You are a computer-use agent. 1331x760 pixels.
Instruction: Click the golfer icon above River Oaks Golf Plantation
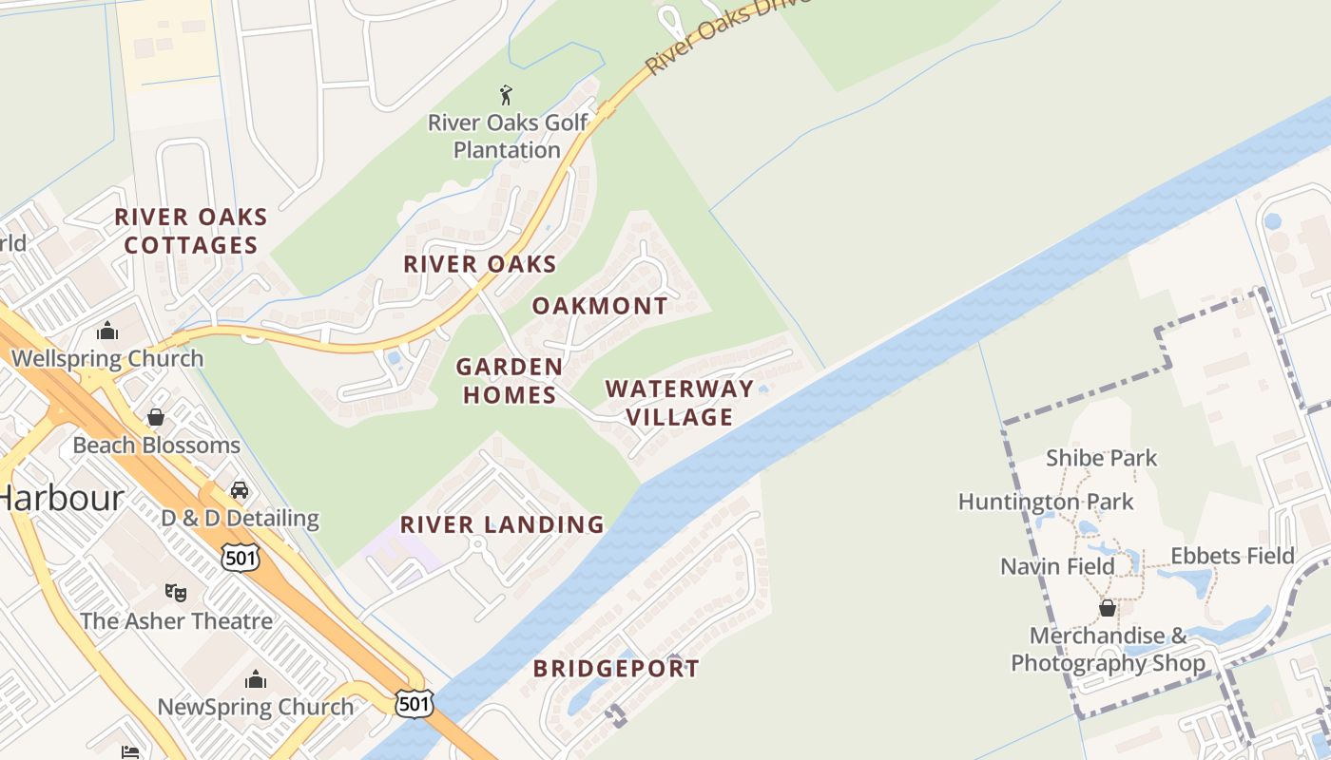click(x=506, y=95)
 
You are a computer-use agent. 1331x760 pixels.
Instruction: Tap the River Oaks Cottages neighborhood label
click(x=191, y=231)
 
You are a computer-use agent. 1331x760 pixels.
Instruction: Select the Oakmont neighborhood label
click(x=600, y=306)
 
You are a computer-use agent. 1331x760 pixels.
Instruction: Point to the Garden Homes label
click(x=510, y=380)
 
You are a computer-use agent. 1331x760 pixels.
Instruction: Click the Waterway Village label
click(x=680, y=403)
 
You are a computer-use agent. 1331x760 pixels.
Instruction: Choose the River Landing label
click(x=502, y=524)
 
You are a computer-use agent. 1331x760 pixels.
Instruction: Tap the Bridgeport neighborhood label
click(x=616, y=669)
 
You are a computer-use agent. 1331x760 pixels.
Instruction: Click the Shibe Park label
click(x=1102, y=458)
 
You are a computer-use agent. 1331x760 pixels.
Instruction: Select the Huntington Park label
click(x=1046, y=502)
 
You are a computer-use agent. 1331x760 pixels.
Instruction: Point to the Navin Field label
click(x=1057, y=567)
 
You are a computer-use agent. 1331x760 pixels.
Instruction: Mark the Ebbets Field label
click(x=1232, y=556)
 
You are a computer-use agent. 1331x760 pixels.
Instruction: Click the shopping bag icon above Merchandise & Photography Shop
click(x=1108, y=608)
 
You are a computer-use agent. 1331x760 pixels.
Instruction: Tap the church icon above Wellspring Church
click(x=107, y=331)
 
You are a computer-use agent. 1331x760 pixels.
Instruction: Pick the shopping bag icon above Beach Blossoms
click(x=156, y=417)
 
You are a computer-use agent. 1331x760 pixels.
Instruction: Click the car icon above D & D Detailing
click(x=240, y=490)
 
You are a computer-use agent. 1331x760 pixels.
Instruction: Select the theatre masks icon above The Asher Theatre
click(x=176, y=593)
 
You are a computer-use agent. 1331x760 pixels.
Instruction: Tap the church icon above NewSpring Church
click(x=255, y=679)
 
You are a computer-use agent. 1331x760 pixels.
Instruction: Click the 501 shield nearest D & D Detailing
click(x=241, y=558)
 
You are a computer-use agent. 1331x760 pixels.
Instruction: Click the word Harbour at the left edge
click(x=62, y=498)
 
